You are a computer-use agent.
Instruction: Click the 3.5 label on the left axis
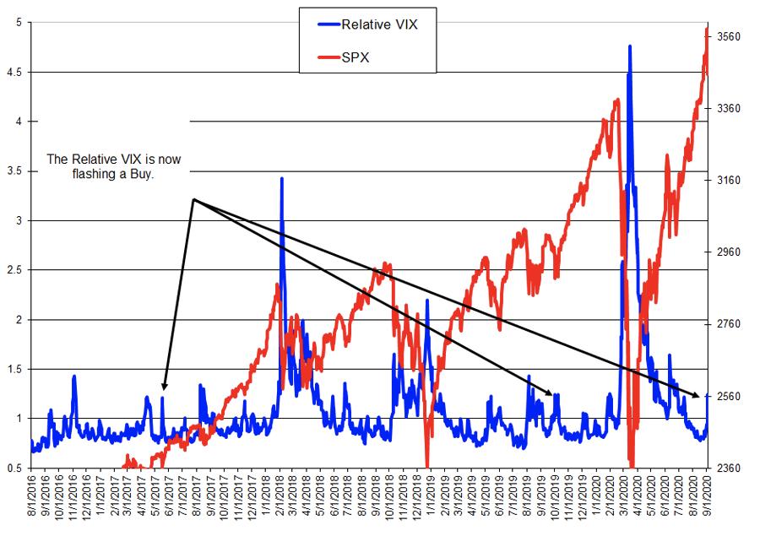point(14,171)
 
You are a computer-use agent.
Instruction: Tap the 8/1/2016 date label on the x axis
point(32,499)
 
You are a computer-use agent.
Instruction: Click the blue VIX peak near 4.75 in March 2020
point(630,46)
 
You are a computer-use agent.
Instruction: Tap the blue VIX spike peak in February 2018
point(281,178)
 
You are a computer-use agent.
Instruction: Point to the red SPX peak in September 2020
point(707,29)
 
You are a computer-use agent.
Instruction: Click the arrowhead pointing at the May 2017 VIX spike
point(163,390)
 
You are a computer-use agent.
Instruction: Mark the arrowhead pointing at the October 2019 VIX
point(550,393)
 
